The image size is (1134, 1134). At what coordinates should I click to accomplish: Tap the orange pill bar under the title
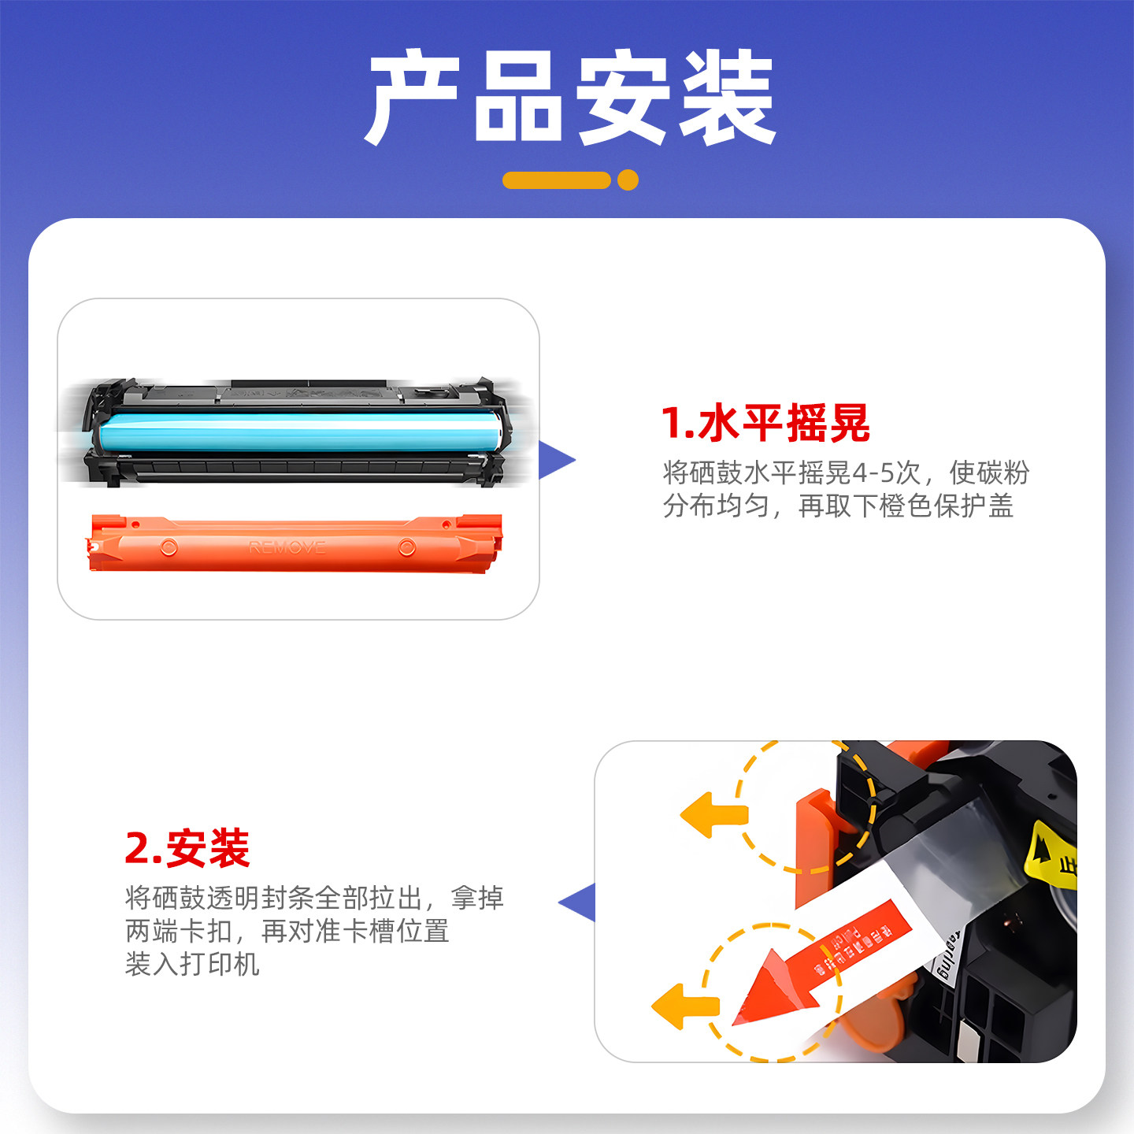pyautogui.click(x=557, y=180)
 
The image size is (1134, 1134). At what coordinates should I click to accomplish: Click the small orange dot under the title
pyautogui.click(x=628, y=180)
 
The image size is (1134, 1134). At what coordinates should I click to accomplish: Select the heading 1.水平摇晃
pyautogui.click(x=765, y=423)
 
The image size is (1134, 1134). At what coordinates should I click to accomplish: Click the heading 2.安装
pyautogui.click(x=187, y=848)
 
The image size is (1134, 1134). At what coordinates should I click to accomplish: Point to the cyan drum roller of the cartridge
pyautogui.click(x=299, y=432)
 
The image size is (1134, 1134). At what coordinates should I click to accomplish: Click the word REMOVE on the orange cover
pyautogui.click(x=287, y=547)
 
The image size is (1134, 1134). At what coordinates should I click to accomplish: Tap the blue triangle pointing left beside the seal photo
pyautogui.click(x=580, y=902)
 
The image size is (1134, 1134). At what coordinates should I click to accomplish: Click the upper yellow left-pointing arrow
pyautogui.click(x=712, y=815)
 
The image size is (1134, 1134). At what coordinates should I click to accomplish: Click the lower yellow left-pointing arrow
pyautogui.click(x=684, y=1006)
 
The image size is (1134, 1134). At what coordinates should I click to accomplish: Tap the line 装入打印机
pyautogui.click(x=192, y=964)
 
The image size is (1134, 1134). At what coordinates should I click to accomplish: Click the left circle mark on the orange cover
pyautogui.click(x=169, y=547)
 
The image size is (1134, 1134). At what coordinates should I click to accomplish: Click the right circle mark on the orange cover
pyautogui.click(x=406, y=547)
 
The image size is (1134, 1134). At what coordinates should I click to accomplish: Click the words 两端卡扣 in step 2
pyautogui.click(x=178, y=931)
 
